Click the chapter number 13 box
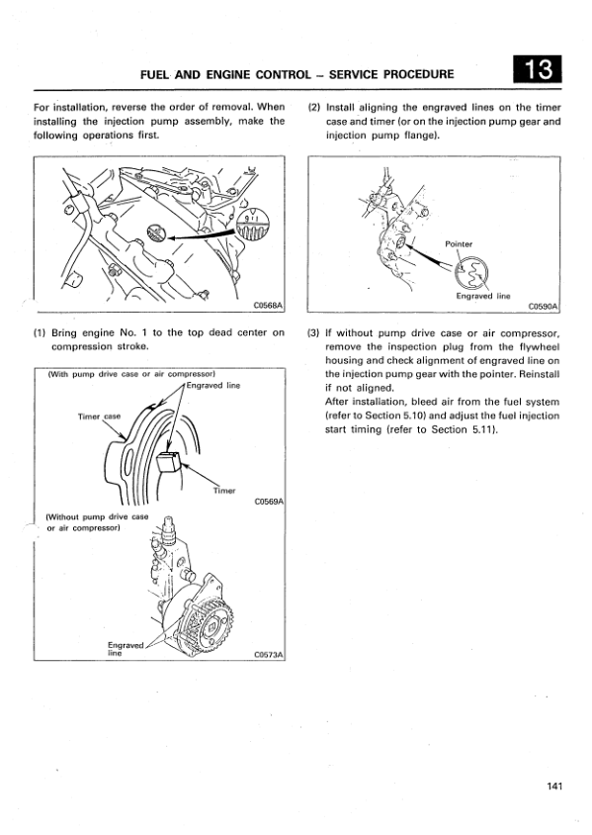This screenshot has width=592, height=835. (538, 70)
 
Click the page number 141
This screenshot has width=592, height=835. (553, 786)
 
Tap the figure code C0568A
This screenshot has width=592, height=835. (268, 305)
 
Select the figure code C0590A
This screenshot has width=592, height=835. (543, 307)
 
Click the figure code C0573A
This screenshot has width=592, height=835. (269, 654)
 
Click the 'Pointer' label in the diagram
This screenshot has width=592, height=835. (459, 244)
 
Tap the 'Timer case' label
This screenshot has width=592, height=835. (99, 417)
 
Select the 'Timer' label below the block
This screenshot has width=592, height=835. (224, 491)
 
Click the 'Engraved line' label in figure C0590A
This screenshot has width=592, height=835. (483, 296)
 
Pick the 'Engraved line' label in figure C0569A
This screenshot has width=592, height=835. (213, 386)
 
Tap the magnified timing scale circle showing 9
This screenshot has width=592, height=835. (253, 225)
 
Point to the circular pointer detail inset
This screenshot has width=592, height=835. (470, 269)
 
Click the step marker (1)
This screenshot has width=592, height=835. (39, 332)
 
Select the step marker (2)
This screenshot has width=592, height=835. (314, 107)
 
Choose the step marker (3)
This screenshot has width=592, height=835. (313, 333)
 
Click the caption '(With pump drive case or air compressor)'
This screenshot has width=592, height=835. (130, 374)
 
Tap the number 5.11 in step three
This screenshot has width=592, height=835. (483, 429)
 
